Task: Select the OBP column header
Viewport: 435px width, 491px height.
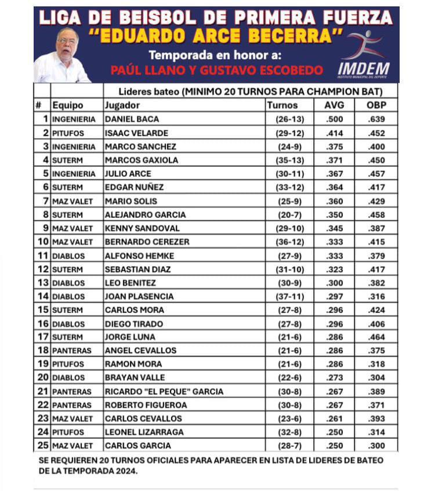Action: (x=376, y=106)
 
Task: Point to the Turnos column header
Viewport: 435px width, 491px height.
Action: (x=282, y=106)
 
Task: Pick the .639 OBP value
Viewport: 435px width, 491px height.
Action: (x=376, y=119)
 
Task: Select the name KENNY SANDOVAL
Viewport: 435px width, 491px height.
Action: (x=142, y=228)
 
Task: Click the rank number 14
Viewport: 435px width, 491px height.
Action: (x=42, y=296)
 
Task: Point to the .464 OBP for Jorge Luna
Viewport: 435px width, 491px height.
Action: (x=376, y=337)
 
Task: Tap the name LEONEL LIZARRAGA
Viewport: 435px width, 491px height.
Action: (x=144, y=432)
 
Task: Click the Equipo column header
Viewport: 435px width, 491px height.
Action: (x=68, y=106)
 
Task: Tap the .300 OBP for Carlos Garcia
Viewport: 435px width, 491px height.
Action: (x=376, y=446)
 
